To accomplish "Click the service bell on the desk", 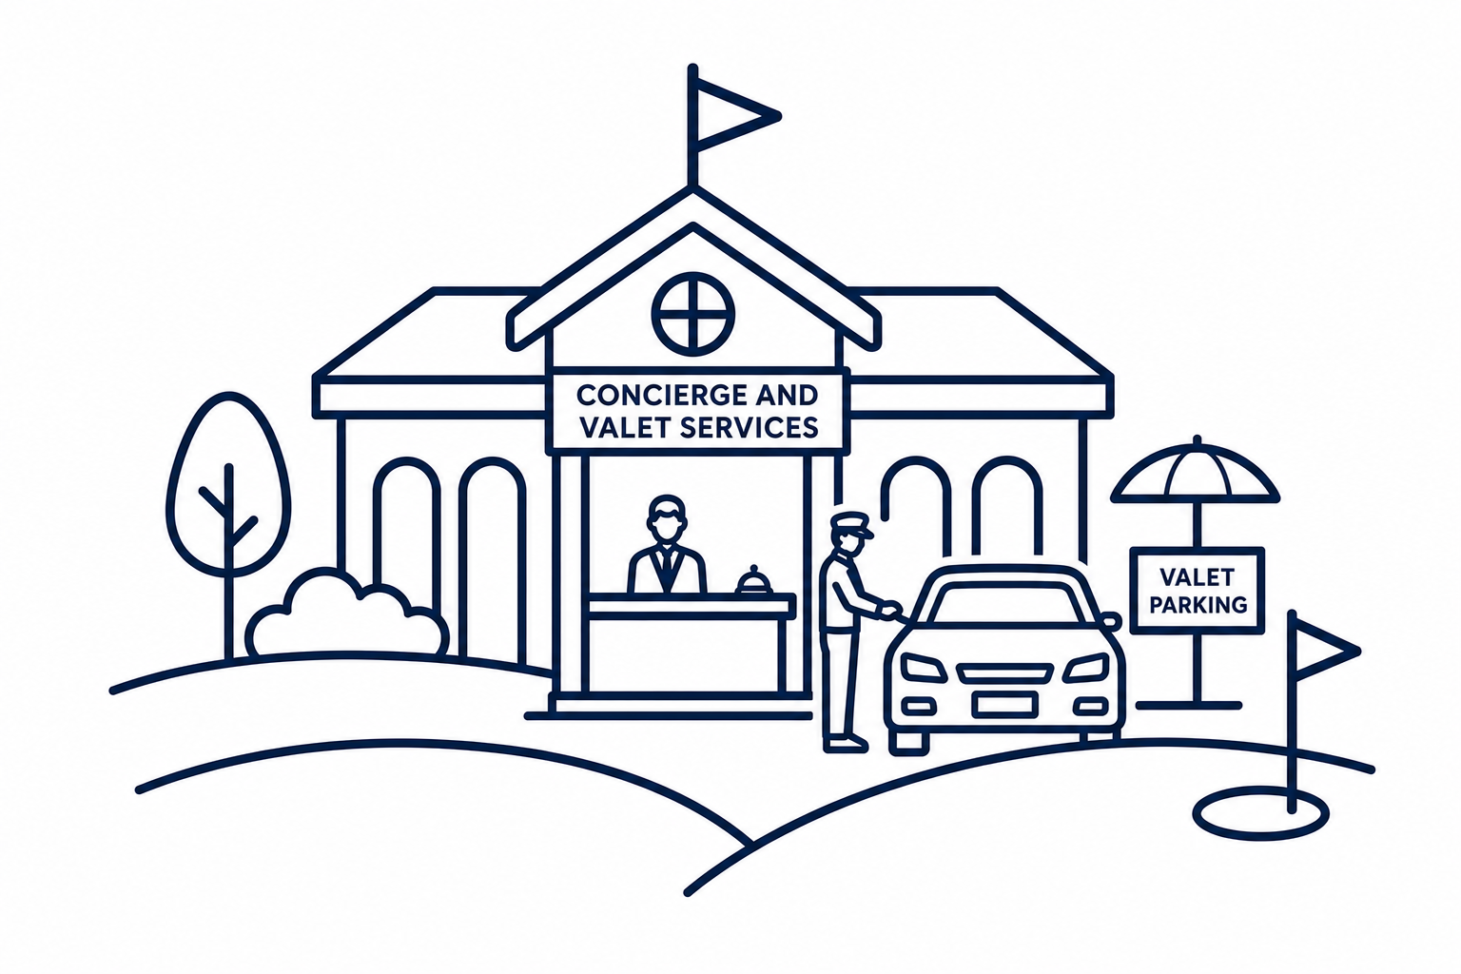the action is pos(754,580).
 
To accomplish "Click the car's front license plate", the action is pos(1003,703).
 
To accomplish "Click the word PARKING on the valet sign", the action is pos(1198,605).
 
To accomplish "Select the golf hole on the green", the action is pos(1260,813).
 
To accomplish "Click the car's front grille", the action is pos(1004,672).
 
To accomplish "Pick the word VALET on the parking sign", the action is pos(1198,576).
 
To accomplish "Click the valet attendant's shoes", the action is pos(846,744).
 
